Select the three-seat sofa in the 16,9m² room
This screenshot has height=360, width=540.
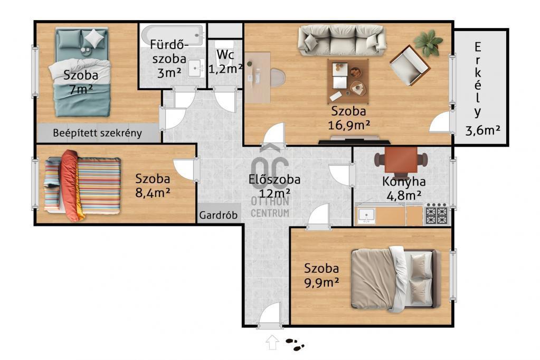pos(342,40)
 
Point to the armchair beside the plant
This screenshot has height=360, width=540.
pos(410,65)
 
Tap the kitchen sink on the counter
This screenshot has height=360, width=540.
pos(366,216)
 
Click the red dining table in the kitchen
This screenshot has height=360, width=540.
pos(401,160)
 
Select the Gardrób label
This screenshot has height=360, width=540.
pos(219,215)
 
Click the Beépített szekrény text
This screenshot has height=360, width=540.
pos(98,134)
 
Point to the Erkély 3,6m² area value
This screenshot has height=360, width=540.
pos(482,130)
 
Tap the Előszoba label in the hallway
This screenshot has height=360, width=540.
pos(274,179)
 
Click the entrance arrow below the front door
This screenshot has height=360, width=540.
pos(272,342)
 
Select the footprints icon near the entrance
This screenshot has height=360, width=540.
pos(295,344)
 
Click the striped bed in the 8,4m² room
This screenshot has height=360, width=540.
pos(82,185)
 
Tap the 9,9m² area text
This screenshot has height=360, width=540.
pos(321,282)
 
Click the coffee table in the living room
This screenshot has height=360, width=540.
pos(348,81)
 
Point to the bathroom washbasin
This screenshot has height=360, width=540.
pos(196,68)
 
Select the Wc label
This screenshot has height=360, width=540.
pos(225,54)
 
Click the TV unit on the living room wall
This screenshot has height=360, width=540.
pos(354,140)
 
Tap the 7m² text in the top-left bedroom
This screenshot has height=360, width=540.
pos(81,90)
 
